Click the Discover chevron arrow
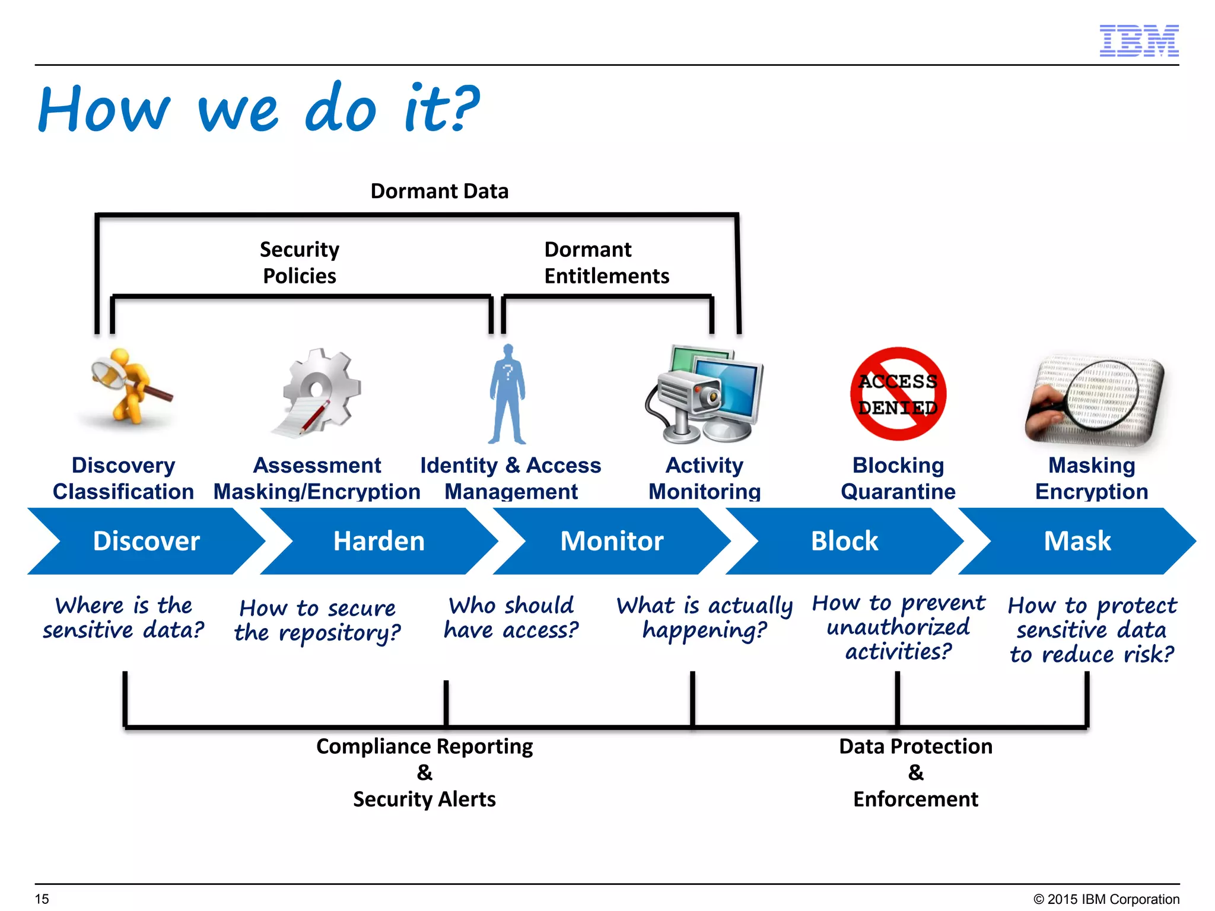pyautogui.click(x=146, y=541)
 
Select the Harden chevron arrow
pyautogui.click(x=379, y=541)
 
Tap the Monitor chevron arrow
pyautogui.click(x=612, y=541)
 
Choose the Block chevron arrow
pyautogui.click(x=844, y=541)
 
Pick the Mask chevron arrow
pyautogui.click(x=1077, y=541)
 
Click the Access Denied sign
pyautogui.click(x=898, y=394)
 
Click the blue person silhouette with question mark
pyautogui.click(x=507, y=394)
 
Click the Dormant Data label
pyautogui.click(x=439, y=191)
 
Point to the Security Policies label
pyautogui.click(x=300, y=262)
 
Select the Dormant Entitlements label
pyautogui.click(x=606, y=262)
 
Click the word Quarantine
pyautogui.click(x=898, y=492)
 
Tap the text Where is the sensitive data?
pyautogui.click(x=123, y=617)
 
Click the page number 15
pyautogui.click(x=42, y=899)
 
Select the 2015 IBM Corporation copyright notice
pyautogui.click(x=1106, y=899)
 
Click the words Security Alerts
pyautogui.click(x=424, y=799)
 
